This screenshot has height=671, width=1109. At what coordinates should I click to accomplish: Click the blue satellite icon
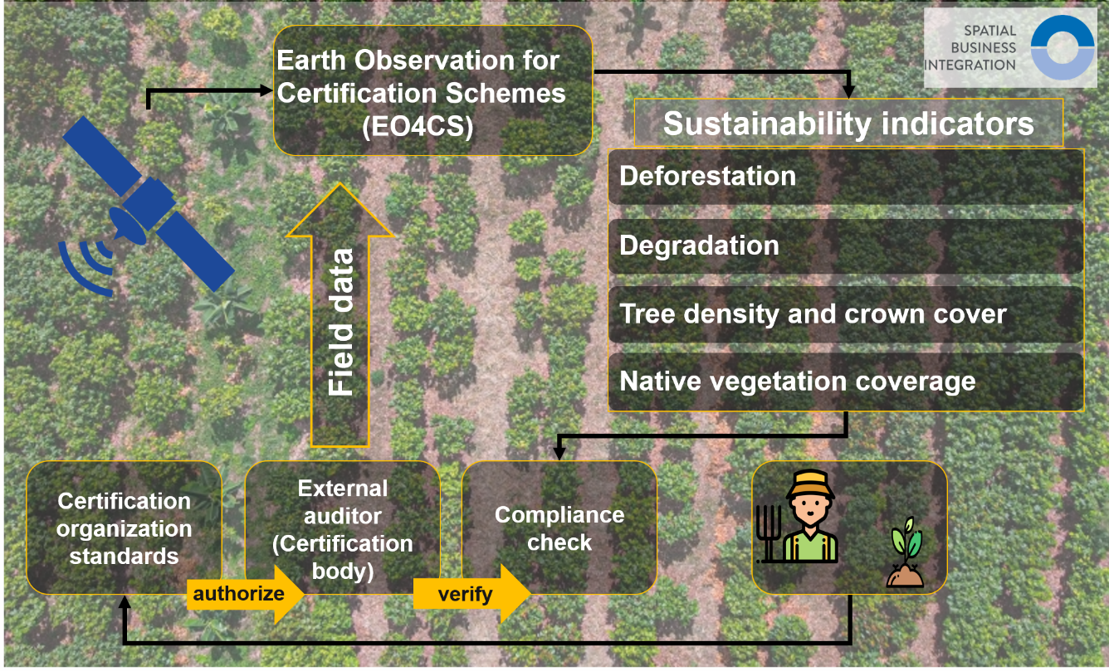pos(149,204)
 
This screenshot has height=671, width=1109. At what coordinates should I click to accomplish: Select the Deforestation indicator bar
pos(846,177)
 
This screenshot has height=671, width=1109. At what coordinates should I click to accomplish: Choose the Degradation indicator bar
pos(846,246)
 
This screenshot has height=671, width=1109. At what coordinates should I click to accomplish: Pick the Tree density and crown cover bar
pos(846,314)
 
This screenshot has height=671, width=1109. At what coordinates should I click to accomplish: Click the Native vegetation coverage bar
pos(846,382)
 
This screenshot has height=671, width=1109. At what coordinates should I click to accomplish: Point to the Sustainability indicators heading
pos(848,123)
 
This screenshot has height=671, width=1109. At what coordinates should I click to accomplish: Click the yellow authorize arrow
pos(245,594)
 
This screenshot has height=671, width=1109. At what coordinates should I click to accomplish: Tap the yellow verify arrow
pos(471,594)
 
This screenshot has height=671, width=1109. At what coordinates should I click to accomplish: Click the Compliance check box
pos(559,528)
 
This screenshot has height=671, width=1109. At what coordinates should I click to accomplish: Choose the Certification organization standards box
pos(124,528)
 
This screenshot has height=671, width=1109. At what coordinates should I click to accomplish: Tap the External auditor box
pos(343,528)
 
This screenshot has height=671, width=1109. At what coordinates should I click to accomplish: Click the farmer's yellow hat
pos(810,484)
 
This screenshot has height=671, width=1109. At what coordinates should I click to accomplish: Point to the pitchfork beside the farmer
pos(769,534)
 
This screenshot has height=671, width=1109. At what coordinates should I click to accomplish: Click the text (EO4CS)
pos(418,126)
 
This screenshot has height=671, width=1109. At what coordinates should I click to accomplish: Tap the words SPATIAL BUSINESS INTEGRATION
pos(970,47)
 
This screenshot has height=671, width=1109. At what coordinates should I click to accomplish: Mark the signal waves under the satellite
pos(86,267)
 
